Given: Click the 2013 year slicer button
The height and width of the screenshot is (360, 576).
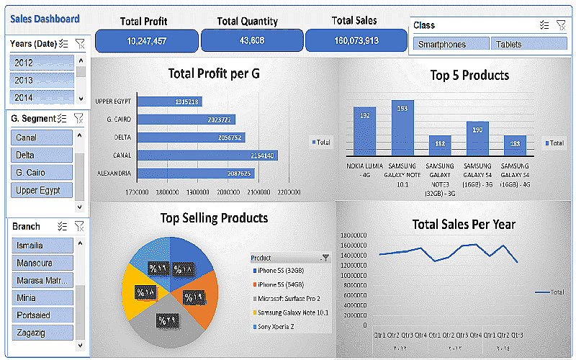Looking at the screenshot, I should click(x=42, y=80).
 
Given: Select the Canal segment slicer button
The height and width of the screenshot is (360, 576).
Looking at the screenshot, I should click(x=42, y=138).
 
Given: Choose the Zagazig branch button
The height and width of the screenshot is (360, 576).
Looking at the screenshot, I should click(x=42, y=332).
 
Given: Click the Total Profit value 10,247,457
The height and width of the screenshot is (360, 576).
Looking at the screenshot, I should click(x=146, y=41).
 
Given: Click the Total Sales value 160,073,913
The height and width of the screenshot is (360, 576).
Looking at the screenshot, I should click(x=356, y=41).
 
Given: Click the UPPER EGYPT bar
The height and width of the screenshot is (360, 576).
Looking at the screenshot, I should click(x=169, y=102).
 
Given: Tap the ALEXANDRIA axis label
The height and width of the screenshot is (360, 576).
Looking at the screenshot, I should click(x=114, y=174).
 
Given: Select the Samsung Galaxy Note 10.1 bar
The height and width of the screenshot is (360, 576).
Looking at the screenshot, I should click(x=402, y=127).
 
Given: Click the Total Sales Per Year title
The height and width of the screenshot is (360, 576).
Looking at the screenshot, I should click(x=464, y=225).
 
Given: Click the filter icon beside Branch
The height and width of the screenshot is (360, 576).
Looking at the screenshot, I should click(x=79, y=226).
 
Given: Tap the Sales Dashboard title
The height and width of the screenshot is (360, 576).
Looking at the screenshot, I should click(x=45, y=19).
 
